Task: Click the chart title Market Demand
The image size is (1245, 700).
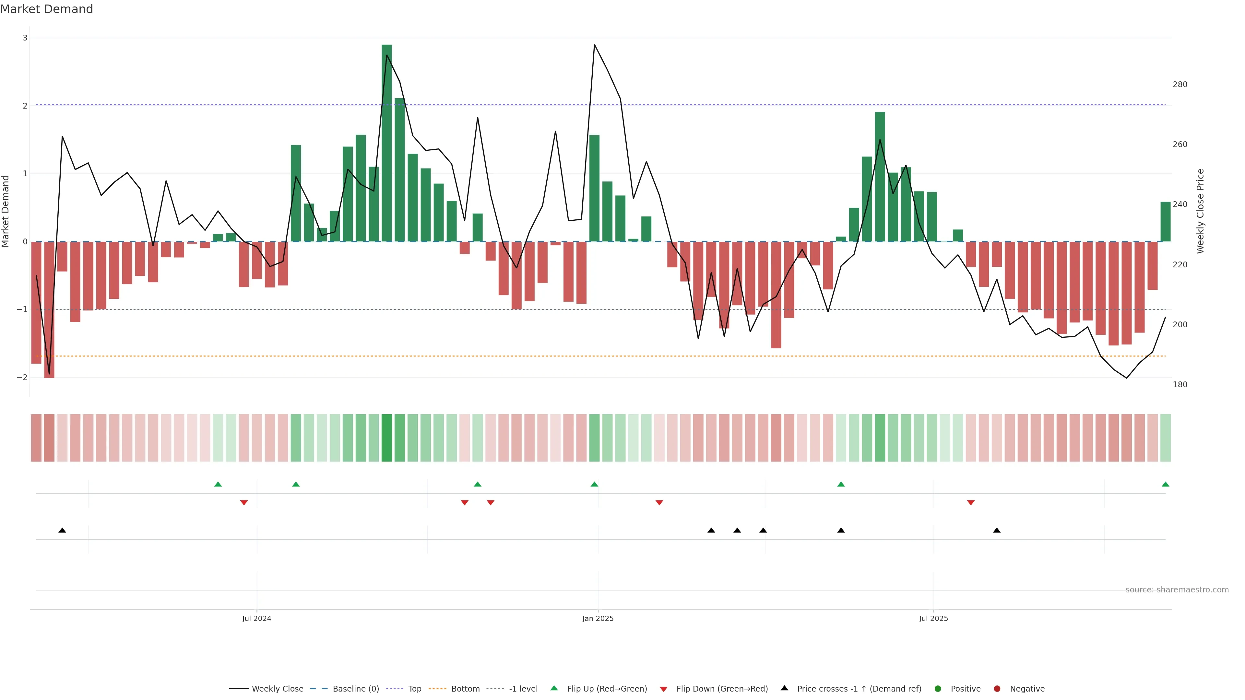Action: pyautogui.click(x=46, y=9)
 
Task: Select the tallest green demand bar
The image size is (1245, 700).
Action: pyautogui.click(x=387, y=143)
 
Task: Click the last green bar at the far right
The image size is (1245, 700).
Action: pyautogui.click(x=1165, y=222)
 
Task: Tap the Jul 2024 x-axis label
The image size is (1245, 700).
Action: pyautogui.click(x=257, y=618)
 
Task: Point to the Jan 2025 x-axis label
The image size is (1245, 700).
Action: pyautogui.click(x=598, y=618)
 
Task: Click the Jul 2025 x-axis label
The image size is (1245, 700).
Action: pyautogui.click(x=933, y=618)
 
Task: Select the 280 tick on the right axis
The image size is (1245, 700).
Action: pyautogui.click(x=1180, y=85)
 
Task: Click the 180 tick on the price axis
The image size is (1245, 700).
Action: pyautogui.click(x=1180, y=385)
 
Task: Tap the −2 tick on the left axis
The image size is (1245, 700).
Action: pyautogui.click(x=22, y=377)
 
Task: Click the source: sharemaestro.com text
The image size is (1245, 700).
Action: pyautogui.click(x=1177, y=590)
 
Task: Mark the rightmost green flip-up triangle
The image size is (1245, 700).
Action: pyautogui.click(x=1165, y=484)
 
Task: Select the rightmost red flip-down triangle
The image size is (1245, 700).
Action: pyautogui.click(x=970, y=503)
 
